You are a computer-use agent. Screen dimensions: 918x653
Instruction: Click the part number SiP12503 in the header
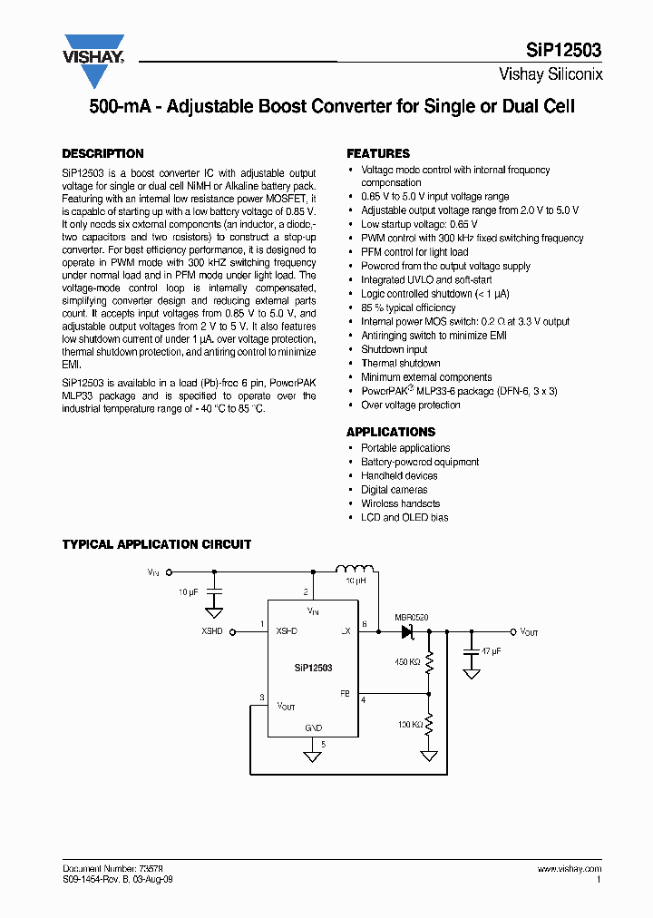(x=563, y=51)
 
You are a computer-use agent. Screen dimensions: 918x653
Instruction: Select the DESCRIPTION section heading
(x=102, y=154)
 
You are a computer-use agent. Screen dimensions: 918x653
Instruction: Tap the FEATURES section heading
(x=378, y=154)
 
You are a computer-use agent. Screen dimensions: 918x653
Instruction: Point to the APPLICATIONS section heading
(x=391, y=432)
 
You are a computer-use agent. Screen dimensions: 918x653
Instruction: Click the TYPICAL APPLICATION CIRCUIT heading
(x=156, y=544)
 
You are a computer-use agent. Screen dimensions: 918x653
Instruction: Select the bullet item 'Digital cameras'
(x=394, y=490)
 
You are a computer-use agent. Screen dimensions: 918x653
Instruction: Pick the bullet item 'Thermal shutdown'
(x=400, y=363)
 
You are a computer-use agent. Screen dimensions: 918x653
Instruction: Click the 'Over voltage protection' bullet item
(x=410, y=405)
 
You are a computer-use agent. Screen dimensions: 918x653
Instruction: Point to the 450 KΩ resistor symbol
(x=429, y=662)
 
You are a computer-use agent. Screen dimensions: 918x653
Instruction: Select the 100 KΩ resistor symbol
(x=429, y=724)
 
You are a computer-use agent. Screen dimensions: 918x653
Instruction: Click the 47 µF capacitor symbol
(x=471, y=651)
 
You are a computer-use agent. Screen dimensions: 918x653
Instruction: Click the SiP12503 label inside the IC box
(x=313, y=667)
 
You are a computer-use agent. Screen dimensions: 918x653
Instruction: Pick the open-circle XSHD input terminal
(x=232, y=631)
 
